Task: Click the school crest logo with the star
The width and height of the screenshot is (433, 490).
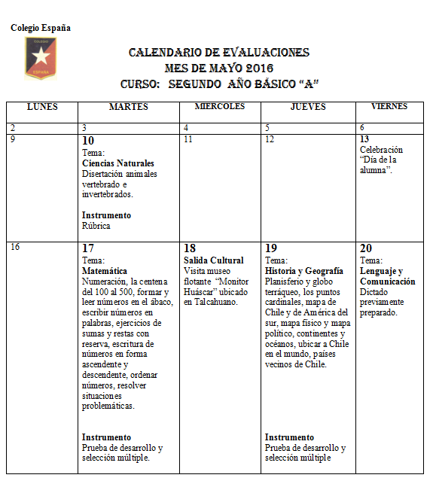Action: coord(41,58)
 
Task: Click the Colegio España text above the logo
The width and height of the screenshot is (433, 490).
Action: coord(41,28)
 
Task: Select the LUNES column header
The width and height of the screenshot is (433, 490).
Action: coord(42,107)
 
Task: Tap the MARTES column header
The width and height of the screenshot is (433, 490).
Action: coord(129,107)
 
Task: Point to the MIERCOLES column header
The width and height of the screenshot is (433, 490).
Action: coord(220,107)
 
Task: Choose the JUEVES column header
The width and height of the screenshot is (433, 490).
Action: coord(308,107)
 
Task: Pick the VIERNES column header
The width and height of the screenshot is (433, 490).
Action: coord(389,107)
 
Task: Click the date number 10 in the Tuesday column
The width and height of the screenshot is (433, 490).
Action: coord(88,141)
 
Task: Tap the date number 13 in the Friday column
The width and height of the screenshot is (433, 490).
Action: coord(364,139)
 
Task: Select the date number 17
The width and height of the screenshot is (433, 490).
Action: coord(88,248)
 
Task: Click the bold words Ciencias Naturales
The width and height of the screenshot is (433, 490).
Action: coord(118,163)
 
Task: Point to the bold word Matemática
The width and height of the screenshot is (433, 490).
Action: coord(105,271)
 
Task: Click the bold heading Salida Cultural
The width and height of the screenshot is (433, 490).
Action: coord(214,260)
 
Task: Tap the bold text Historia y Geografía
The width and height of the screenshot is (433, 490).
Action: coord(304,271)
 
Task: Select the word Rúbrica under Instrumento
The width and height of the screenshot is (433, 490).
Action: coord(96,225)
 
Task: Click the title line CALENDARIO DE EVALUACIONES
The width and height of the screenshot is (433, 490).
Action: coord(219,53)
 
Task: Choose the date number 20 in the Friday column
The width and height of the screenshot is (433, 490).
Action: coord(366,248)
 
